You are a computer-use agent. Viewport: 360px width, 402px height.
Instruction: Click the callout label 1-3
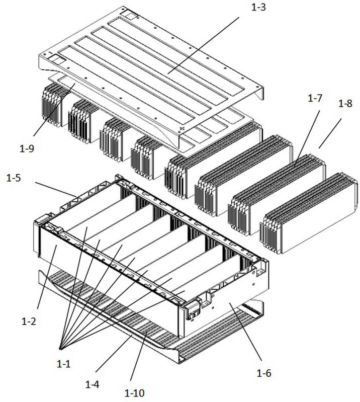[258, 8]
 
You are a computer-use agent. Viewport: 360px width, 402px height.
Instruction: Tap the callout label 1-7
[315, 98]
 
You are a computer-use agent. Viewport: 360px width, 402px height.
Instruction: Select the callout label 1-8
[345, 104]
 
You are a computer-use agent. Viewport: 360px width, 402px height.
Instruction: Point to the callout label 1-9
[27, 148]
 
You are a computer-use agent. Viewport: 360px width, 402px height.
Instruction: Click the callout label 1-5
[14, 178]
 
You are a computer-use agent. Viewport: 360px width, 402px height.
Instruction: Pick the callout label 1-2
[29, 321]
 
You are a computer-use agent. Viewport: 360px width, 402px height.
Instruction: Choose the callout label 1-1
[63, 364]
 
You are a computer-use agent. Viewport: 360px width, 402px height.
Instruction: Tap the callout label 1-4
[92, 384]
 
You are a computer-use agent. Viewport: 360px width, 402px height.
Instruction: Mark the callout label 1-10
[135, 392]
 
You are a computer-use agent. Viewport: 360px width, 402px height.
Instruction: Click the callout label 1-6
[264, 373]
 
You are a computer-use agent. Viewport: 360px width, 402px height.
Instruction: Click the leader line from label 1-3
[204, 45]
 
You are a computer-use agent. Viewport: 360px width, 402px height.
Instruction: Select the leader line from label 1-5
[56, 190]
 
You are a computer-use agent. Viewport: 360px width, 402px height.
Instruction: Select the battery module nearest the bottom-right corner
[309, 214]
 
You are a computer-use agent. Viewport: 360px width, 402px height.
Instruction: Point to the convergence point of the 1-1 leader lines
[60, 349]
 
